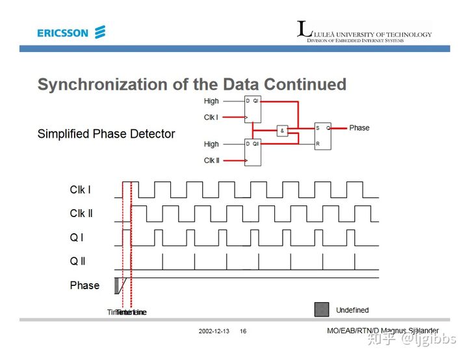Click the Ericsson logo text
point(62,32)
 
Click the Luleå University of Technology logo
point(363,31)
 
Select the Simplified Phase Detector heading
point(106,134)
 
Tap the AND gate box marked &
point(283,131)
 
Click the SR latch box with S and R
point(322,136)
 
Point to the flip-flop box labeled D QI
point(252,109)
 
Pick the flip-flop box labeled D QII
point(252,152)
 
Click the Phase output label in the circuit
point(359,128)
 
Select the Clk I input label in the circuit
point(211,118)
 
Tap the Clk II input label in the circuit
point(211,161)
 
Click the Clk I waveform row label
point(81,190)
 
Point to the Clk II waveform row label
point(82,213)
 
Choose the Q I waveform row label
point(77,238)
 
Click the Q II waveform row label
point(78,261)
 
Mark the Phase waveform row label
point(84,285)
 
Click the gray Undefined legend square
point(322,309)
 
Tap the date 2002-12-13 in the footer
point(214,331)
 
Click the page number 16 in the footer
point(243,331)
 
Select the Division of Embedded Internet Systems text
point(355,40)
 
